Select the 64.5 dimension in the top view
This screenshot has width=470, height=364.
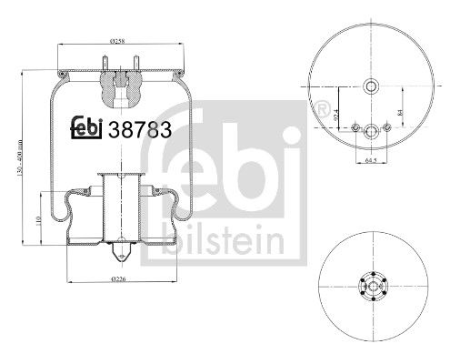tap(370, 162)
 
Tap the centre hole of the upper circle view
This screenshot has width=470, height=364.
tap(370, 87)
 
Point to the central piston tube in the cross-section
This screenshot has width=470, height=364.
tap(117, 205)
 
